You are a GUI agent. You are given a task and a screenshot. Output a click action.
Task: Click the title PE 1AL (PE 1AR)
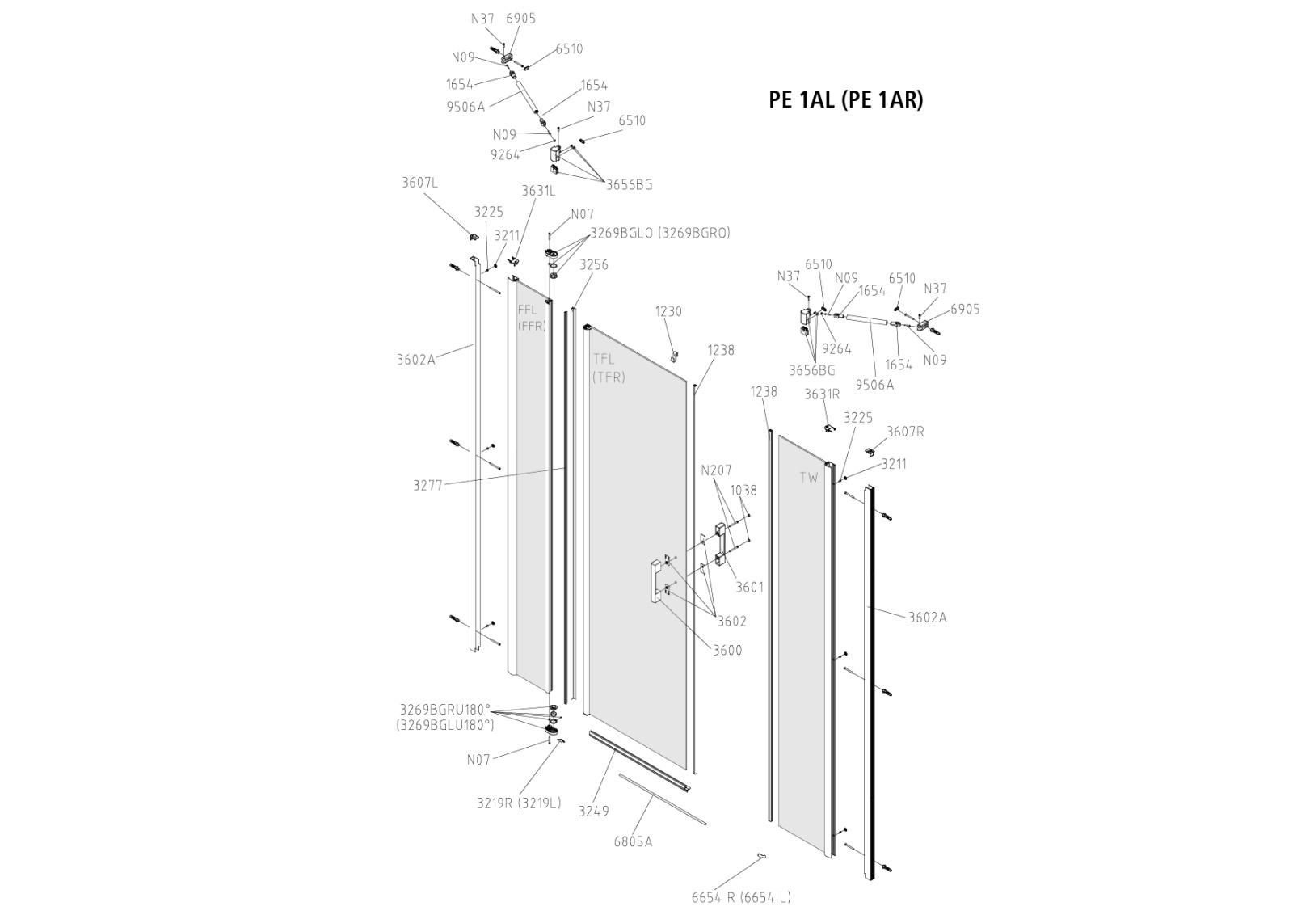click(845, 99)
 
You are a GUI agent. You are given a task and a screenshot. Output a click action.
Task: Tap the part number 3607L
click(419, 182)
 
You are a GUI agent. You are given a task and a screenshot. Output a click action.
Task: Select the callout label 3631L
click(538, 191)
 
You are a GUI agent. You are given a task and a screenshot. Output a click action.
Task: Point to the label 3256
click(593, 265)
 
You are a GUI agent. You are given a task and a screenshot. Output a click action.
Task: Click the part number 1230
click(668, 311)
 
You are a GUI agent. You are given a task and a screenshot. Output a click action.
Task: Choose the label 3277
click(427, 485)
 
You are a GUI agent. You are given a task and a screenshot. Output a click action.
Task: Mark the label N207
click(716, 470)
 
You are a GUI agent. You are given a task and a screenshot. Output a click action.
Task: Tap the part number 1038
click(743, 490)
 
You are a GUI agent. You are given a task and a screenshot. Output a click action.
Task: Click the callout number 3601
click(749, 588)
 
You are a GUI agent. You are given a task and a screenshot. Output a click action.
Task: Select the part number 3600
click(727, 650)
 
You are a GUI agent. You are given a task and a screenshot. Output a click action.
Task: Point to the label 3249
click(593, 811)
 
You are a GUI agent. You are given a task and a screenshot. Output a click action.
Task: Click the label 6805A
click(633, 841)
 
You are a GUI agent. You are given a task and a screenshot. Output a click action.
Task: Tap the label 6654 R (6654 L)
click(741, 897)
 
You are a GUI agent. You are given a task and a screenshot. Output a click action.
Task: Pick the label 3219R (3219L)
click(518, 803)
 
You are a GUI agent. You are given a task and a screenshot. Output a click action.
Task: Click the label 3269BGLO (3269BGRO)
click(659, 233)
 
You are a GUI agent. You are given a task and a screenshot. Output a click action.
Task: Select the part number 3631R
click(823, 394)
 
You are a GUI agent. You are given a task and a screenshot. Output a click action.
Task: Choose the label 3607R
click(905, 432)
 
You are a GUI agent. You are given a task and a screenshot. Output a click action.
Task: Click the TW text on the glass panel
click(809, 478)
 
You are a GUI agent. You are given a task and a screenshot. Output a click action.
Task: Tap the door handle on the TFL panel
click(653, 582)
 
